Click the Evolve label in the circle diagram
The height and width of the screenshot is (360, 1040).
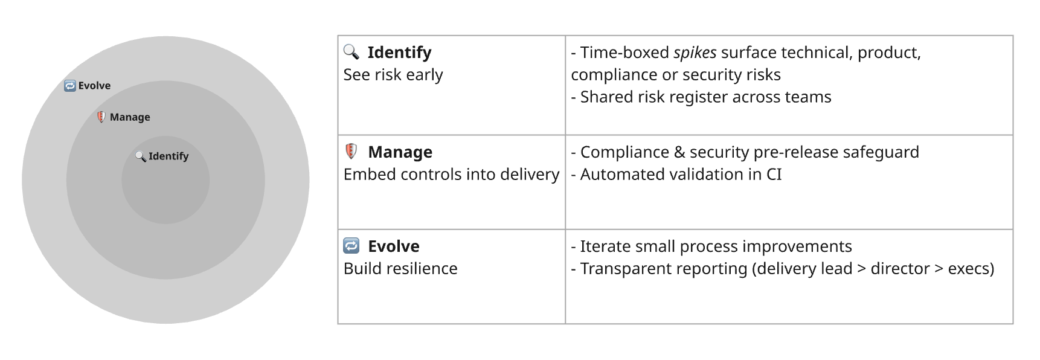click(x=94, y=86)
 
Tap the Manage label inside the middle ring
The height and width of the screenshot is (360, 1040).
click(x=130, y=117)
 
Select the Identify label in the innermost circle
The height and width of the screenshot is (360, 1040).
click(x=169, y=156)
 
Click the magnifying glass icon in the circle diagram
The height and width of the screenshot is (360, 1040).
click(x=141, y=156)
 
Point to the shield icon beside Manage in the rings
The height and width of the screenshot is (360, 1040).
click(x=101, y=117)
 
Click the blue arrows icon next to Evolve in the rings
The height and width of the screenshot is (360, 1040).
click(x=70, y=86)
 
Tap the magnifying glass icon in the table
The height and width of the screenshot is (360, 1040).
click(x=351, y=51)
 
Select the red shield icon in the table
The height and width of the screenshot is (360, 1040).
click(x=351, y=151)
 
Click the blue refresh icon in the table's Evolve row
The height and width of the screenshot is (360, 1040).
click(x=351, y=245)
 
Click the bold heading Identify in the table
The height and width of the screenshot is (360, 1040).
click(x=399, y=53)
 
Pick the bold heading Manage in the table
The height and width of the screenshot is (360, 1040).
click(x=400, y=152)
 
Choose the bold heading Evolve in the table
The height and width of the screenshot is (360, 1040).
click(x=393, y=246)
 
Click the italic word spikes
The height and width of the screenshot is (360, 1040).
click(x=695, y=53)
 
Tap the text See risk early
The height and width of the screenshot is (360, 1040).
click(x=393, y=75)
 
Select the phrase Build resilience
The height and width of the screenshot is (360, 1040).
click(x=400, y=269)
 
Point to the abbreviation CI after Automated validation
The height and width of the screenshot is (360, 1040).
click(x=774, y=175)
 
